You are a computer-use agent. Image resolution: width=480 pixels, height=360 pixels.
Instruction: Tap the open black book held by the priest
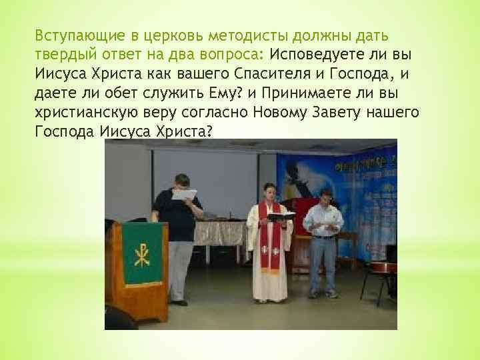[281, 216]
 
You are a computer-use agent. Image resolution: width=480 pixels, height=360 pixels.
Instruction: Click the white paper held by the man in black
[184, 195]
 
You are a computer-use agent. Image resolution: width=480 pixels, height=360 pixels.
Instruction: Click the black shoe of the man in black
[179, 303]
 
